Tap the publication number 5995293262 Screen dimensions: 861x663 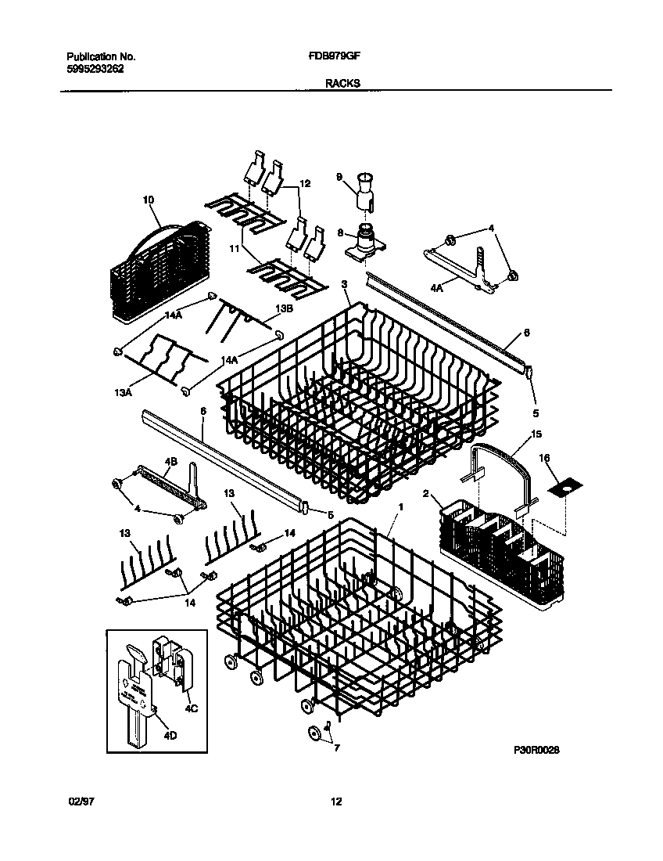[95, 68]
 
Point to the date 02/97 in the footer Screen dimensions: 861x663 [81, 802]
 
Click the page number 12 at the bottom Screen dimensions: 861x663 [335, 802]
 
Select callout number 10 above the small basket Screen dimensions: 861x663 [149, 200]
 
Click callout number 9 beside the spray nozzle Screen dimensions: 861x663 [340, 178]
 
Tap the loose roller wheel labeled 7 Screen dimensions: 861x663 [315, 733]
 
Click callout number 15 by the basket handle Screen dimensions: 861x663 [536, 433]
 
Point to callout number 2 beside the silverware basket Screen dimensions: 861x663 [426, 493]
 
